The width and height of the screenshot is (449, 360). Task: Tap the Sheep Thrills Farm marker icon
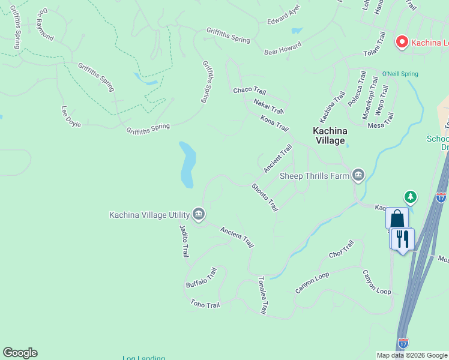tap(358, 175)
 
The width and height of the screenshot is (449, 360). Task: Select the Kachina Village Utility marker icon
tap(199, 214)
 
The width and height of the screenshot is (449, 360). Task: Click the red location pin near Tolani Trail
tap(401, 41)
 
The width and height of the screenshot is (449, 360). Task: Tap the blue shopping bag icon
tap(397, 218)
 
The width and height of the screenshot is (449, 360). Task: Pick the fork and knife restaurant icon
tap(402, 238)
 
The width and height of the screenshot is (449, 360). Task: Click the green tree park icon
tap(411, 196)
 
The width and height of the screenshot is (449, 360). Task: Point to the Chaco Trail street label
tap(249, 91)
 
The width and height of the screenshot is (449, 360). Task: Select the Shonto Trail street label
tap(265, 197)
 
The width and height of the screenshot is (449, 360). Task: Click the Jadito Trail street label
tap(184, 241)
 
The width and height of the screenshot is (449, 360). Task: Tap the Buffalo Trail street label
tap(201, 277)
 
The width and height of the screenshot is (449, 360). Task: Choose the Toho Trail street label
tap(205, 304)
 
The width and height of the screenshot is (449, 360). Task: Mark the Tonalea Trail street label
tap(261, 295)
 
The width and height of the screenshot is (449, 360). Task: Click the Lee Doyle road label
tap(71, 116)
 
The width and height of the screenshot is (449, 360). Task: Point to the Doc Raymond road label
tap(45, 25)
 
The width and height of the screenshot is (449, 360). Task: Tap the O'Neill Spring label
tap(400, 74)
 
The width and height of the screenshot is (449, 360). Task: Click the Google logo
tap(20, 353)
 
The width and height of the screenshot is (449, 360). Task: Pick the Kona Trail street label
tap(274, 124)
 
